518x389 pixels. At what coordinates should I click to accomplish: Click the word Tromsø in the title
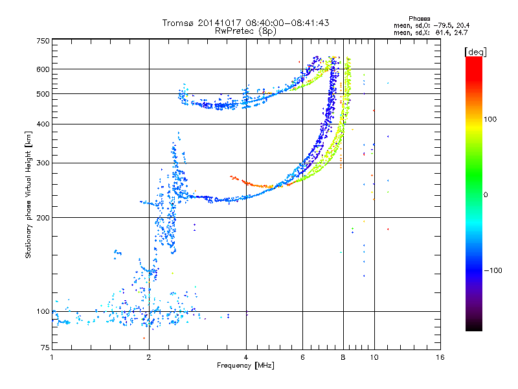coord(179,23)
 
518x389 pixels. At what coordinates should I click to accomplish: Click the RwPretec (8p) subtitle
coord(245,31)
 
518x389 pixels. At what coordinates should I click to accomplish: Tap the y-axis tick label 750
coord(43,41)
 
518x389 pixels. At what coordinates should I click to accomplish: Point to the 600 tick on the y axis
coord(43,69)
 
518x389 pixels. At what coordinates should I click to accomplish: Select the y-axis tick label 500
coord(43,94)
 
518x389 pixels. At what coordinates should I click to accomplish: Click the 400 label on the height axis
coord(43,124)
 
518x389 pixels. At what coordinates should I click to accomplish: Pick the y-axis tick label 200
coord(43,218)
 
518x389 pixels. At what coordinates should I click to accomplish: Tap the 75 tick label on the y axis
coord(45,348)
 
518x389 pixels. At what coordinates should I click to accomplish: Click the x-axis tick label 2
coord(149,357)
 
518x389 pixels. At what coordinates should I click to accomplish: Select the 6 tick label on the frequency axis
coord(302,357)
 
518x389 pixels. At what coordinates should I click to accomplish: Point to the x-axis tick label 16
coord(440,357)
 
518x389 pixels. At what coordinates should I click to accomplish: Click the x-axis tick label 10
coord(374,357)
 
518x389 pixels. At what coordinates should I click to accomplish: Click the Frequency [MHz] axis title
coord(245,366)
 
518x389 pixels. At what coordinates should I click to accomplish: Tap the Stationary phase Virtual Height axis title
coord(28,195)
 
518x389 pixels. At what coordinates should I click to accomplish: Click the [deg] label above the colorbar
coord(475,53)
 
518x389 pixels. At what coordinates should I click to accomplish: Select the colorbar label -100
coord(493,270)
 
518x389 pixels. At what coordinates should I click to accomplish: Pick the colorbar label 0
coord(486,195)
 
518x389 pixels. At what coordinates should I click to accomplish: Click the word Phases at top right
coord(419,19)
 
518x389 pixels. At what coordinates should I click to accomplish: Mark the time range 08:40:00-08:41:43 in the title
coord(287,23)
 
